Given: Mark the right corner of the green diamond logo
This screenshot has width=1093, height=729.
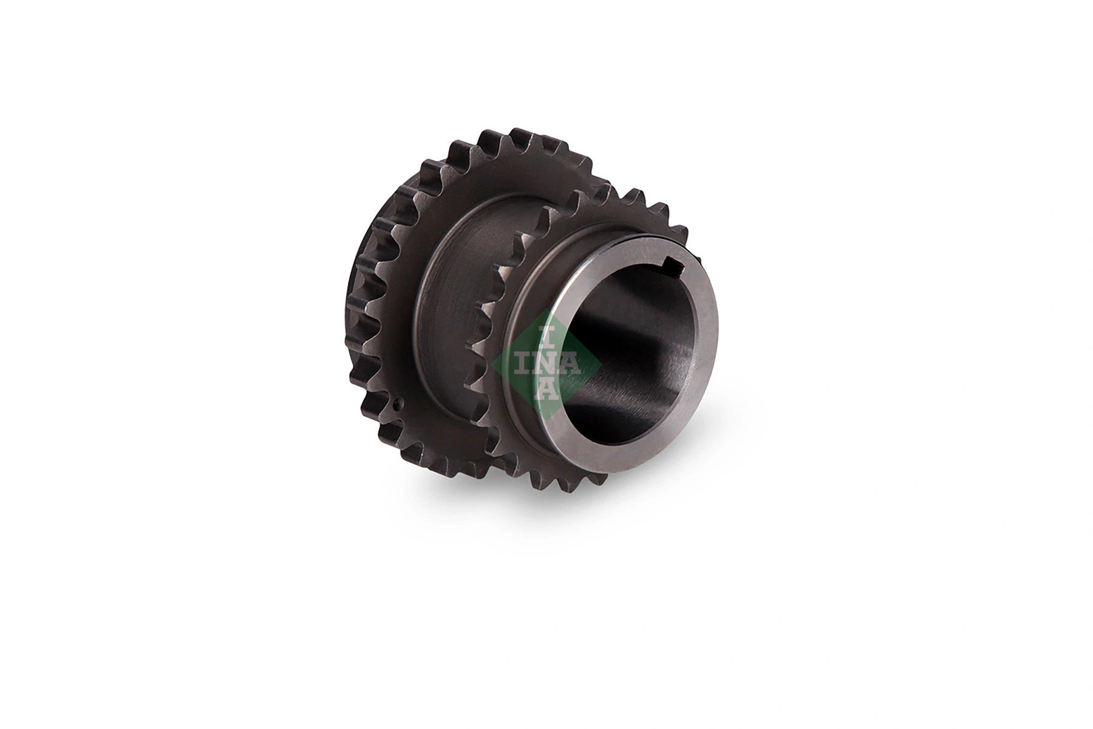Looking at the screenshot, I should click(x=601, y=364).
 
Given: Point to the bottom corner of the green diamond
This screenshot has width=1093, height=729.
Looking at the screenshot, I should click(x=547, y=419).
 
